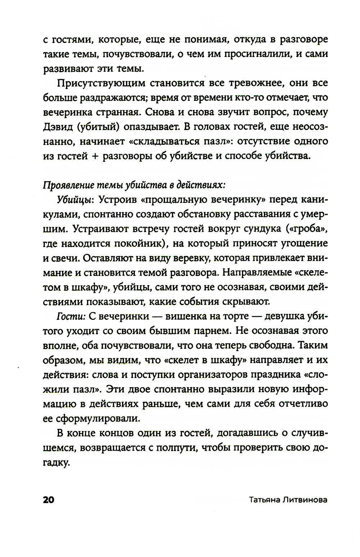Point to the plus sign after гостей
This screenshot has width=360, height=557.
tap(96, 156)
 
